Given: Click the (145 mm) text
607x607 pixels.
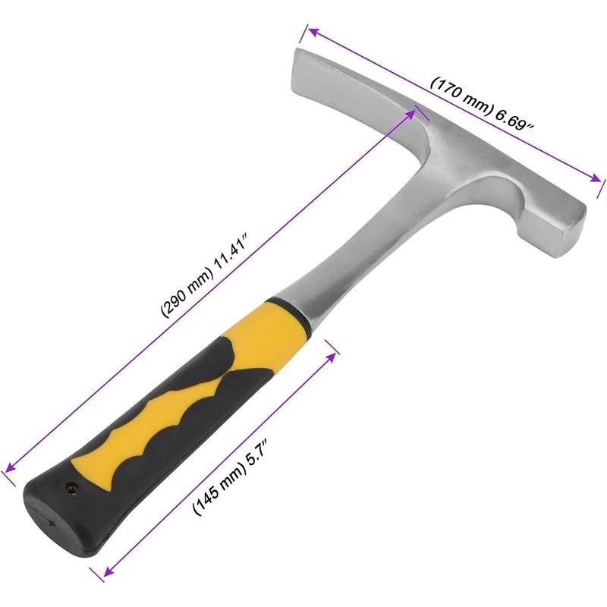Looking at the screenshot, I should pyautogui.click(x=219, y=494).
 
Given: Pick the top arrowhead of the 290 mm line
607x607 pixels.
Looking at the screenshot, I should pyautogui.click(x=414, y=112).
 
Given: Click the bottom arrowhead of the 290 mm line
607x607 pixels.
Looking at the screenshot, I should pyautogui.click(x=9, y=471).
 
